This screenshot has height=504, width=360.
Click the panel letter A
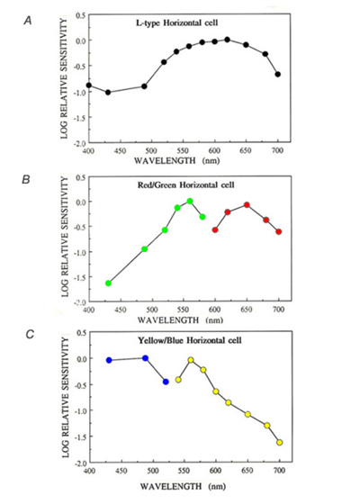point(28,22)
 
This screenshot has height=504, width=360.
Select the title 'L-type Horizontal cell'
point(176,23)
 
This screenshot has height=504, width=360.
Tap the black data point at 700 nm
point(278,74)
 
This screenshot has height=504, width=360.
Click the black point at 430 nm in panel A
point(108,92)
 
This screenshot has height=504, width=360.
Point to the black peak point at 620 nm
point(227,40)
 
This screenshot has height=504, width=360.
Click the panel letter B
point(26,179)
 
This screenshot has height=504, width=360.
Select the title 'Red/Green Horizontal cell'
point(186,185)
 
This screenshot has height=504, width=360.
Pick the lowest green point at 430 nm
point(108,283)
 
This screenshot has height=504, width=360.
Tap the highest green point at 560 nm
point(190,202)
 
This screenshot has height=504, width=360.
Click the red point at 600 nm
point(215,229)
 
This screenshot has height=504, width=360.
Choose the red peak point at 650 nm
point(247,205)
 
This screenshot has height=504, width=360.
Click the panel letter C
point(30,335)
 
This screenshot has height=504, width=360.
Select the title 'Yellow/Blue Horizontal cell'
point(190,340)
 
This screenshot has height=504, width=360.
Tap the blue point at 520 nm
point(166,382)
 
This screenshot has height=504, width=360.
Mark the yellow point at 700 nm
point(280,443)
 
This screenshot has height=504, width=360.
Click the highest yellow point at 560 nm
point(191,360)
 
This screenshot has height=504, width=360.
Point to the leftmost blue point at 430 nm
point(109,360)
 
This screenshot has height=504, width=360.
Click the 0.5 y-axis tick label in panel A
point(81,15)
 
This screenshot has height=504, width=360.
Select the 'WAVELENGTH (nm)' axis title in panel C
point(183,486)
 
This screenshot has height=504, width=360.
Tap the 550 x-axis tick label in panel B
point(184,310)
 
